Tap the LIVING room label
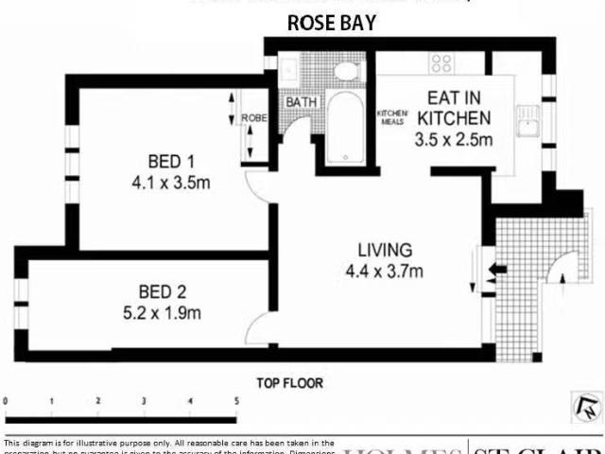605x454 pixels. click(x=385, y=251)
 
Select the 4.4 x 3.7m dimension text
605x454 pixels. click(x=385, y=272)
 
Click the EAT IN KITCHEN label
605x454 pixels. click(x=455, y=108)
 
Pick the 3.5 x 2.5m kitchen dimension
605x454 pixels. click(x=455, y=140)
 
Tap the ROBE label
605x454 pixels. click(x=253, y=118)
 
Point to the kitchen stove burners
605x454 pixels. click(x=441, y=62)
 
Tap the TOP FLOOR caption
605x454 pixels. click(x=290, y=383)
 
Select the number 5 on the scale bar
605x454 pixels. click(x=236, y=401)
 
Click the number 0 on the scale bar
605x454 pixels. click(x=7, y=401)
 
